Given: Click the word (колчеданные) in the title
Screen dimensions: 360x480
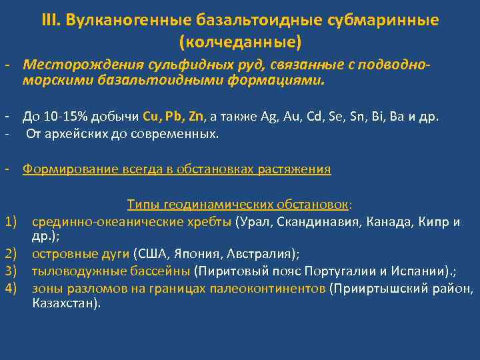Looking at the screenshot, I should click(240, 42).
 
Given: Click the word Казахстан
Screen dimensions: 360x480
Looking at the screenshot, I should click(63, 303).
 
